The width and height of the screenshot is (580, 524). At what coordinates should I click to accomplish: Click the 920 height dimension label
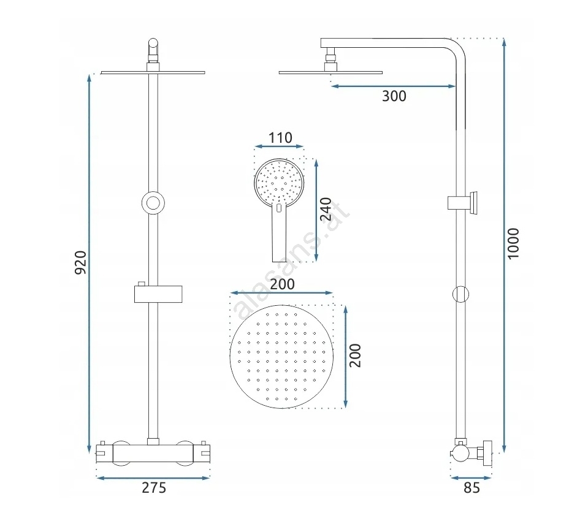click(x=81, y=262)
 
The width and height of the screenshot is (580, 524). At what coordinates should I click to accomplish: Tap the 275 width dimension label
click(x=154, y=488)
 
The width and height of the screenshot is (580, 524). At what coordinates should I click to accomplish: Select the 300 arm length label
click(x=394, y=96)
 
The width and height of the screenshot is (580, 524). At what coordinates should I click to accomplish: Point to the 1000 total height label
click(x=513, y=244)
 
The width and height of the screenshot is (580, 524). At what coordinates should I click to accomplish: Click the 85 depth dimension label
click(x=471, y=488)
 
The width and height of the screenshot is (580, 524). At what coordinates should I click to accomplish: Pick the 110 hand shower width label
click(x=280, y=138)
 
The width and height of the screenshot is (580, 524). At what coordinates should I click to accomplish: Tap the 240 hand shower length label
click(x=326, y=209)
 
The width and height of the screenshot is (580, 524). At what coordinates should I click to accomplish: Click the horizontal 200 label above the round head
click(x=282, y=284)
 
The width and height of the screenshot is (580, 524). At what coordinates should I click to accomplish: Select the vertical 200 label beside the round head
click(x=355, y=355)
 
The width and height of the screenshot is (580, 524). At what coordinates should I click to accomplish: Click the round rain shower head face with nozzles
click(x=281, y=357)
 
